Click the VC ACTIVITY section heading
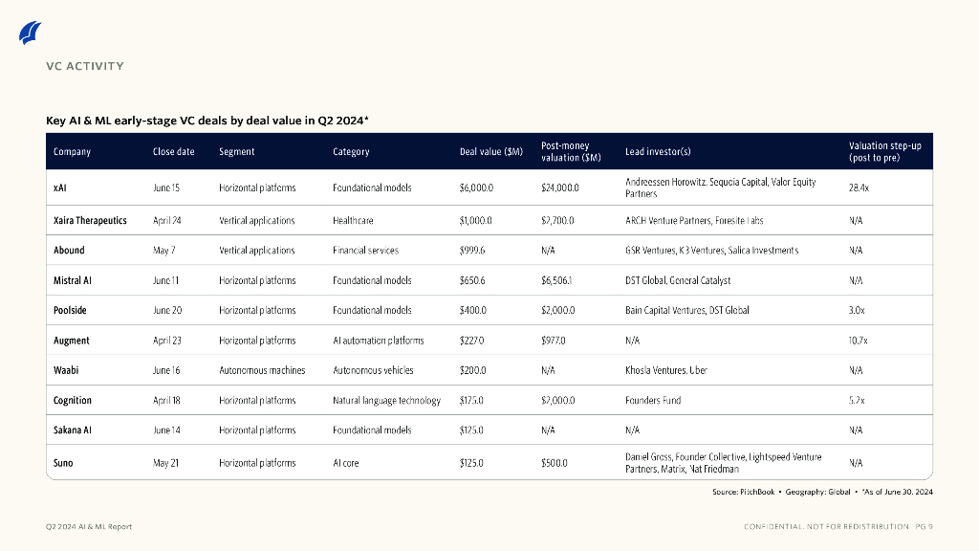(85, 67)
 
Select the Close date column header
(173, 152)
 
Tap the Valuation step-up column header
(884, 151)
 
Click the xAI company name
(60, 188)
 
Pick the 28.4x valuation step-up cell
(859, 188)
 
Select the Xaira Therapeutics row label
(90, 221)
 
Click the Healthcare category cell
(353, 221)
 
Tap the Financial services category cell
(365, 251)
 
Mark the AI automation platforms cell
(378, 341)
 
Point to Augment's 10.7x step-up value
(859, 341)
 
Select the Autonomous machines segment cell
(262, 370)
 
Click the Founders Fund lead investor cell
(653, 401)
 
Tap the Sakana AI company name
(73, 430)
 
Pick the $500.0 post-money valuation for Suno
(554, 463)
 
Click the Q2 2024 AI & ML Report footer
(89, 527)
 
